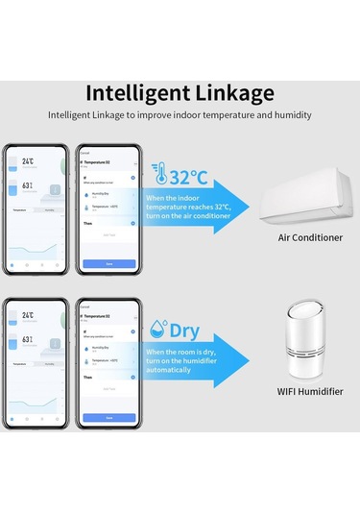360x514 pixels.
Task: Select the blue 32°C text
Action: click(x=188, y=178)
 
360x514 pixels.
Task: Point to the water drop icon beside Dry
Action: click(x=160, y=330)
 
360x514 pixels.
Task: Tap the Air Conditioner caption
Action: click(x=310, y=237)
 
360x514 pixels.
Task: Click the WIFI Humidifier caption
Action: click(x=309, y=391)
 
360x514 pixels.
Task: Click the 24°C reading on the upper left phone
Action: click(x=30, y=163)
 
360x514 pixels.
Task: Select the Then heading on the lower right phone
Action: click(x=87, y=378)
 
